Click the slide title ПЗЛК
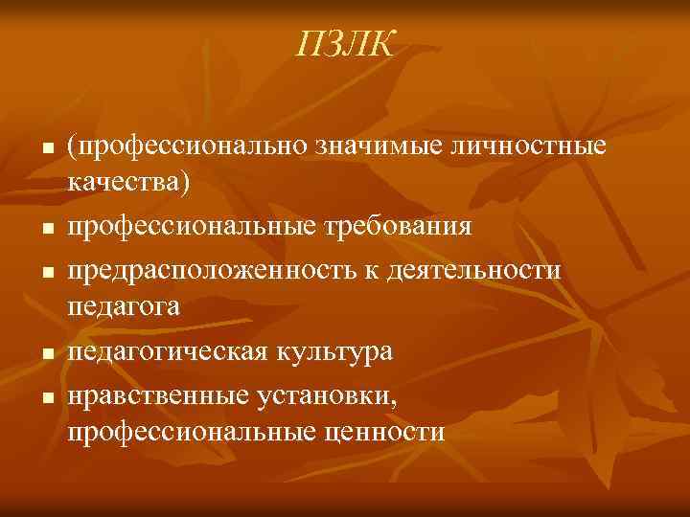346,42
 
